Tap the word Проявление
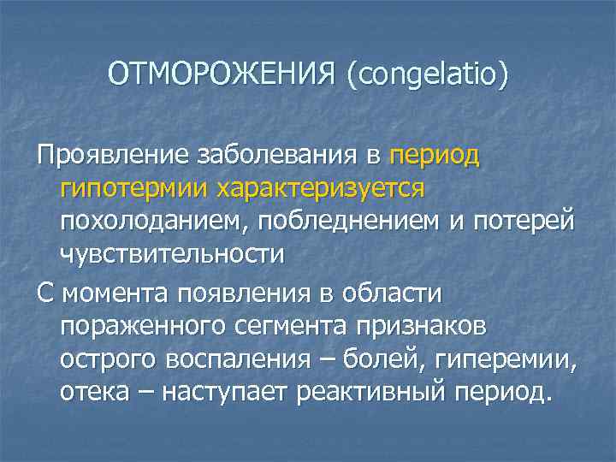point(102,157)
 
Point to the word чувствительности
point(171,254)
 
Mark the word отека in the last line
point(93,393)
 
